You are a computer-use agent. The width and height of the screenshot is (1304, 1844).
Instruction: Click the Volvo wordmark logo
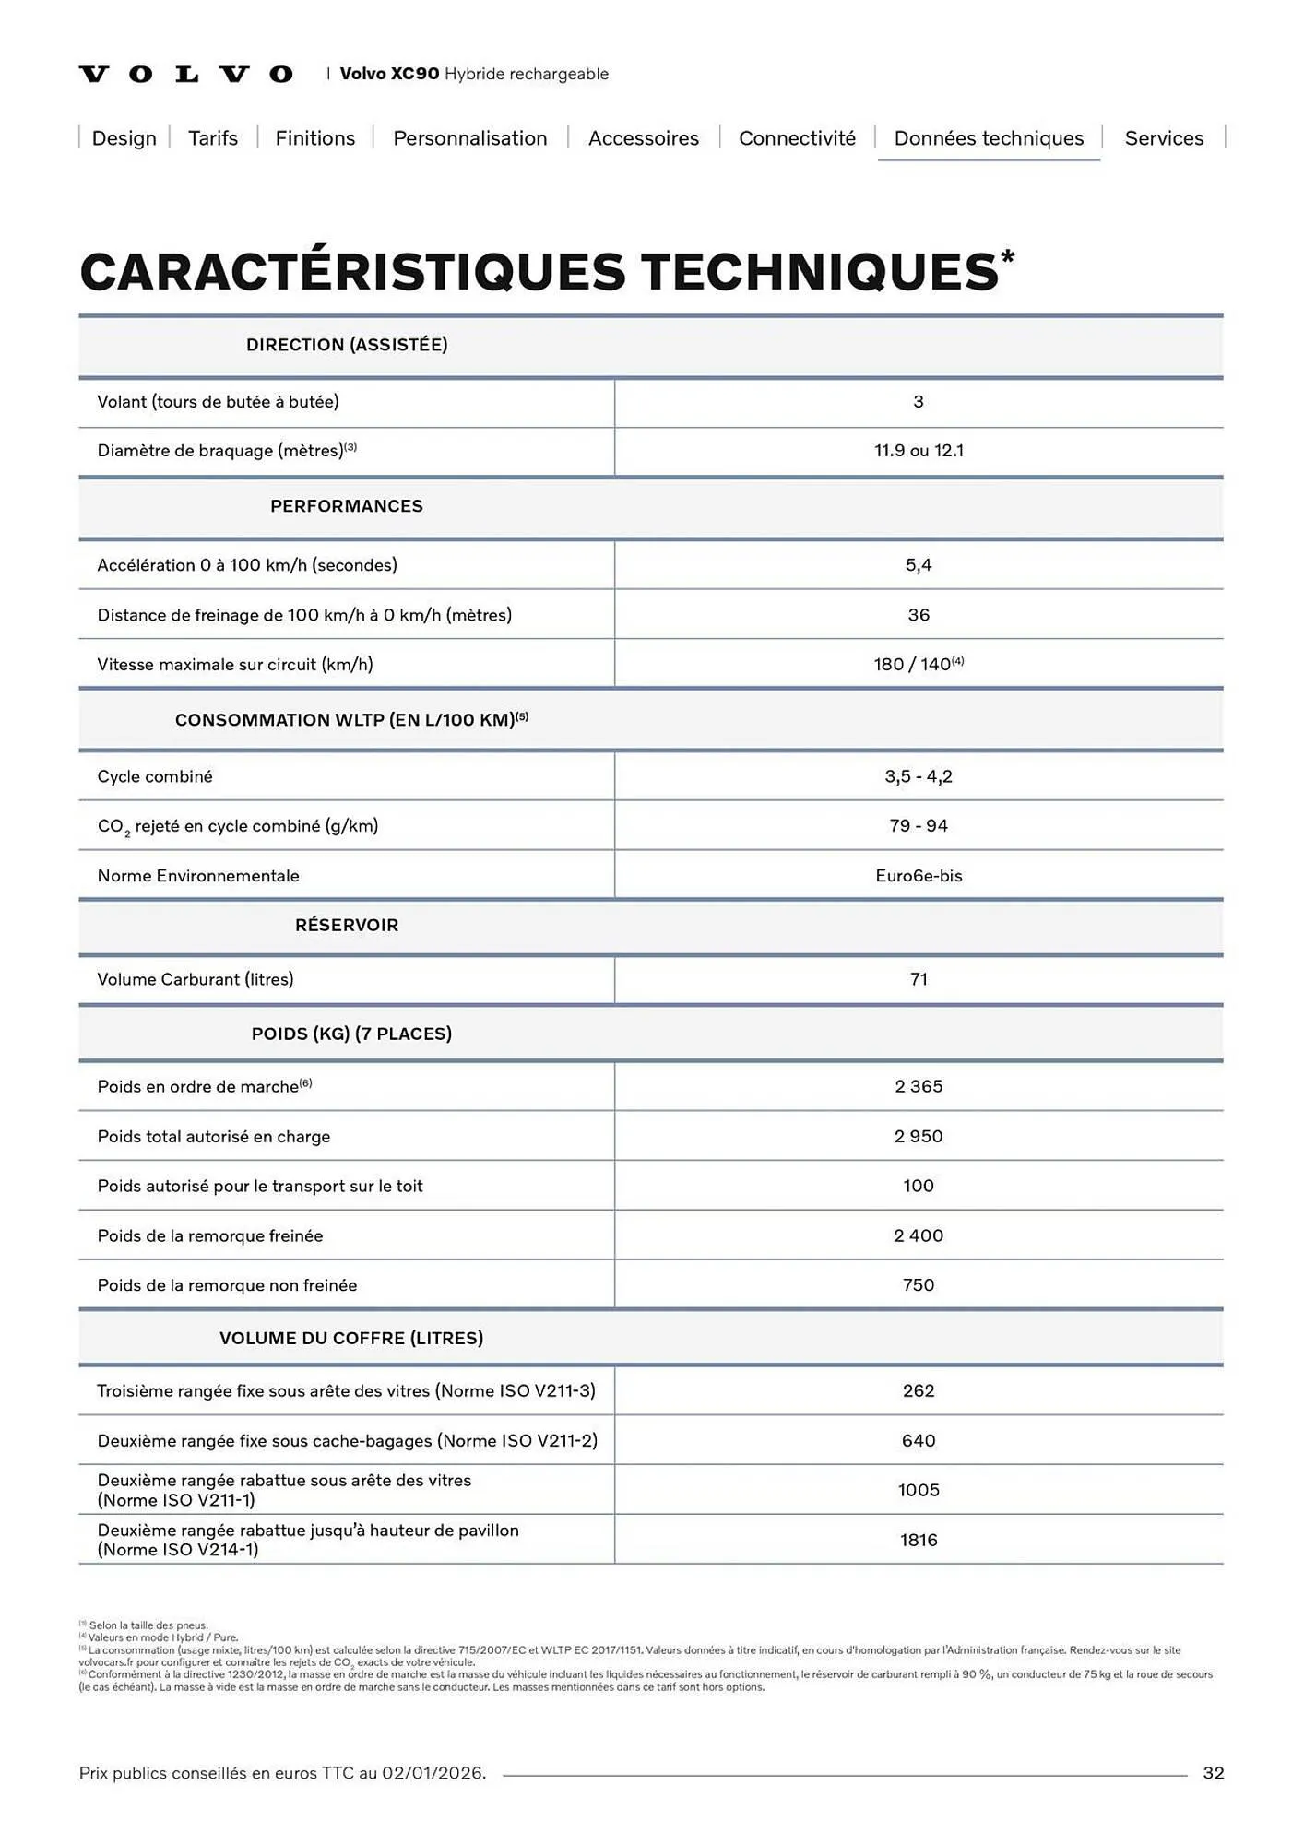click(186, 74)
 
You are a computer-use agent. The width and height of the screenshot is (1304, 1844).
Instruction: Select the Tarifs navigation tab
click(213, 138)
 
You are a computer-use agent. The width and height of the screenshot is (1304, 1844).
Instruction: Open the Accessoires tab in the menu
click(643, 138)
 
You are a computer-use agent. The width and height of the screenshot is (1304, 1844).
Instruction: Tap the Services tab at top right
click(1163, 138)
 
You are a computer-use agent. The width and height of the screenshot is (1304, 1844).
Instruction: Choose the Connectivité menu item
click(797, 138)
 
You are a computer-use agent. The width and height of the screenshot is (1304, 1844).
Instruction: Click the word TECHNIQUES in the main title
click(819, 272)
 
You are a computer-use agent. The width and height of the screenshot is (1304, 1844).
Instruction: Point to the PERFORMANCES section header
click(347, 506)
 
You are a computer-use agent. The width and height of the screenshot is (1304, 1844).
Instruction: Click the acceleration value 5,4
click(919, 565)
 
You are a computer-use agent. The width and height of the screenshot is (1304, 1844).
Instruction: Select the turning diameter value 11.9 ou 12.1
click(919, 451)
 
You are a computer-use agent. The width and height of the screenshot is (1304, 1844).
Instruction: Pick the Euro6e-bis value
click(919, 876)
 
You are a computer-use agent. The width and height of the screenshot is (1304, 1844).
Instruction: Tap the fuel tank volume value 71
click(919, 979)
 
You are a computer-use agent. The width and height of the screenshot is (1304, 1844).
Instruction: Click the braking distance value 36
click(919, 615)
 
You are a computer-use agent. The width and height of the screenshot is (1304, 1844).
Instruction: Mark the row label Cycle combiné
click(155, 776)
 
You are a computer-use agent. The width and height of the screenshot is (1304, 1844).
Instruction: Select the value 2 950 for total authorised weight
click(919, 1136)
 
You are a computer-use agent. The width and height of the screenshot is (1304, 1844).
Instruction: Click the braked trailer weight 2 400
click(919, 1235)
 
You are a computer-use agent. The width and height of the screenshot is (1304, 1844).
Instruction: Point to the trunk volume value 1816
click(919, 1540)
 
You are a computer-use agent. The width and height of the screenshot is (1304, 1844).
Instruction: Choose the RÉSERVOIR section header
click(347, 925)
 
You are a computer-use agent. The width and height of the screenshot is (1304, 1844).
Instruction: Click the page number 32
click(1213, 1773)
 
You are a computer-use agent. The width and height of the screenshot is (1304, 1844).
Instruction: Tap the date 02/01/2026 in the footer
click(433, 1773)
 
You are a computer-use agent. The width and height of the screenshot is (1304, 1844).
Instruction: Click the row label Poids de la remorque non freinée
click(227, 1285)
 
